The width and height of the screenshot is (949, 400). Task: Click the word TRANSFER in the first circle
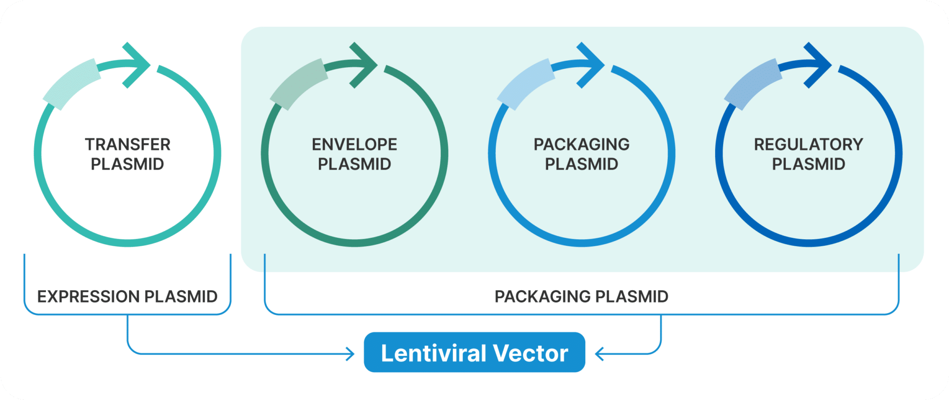128,144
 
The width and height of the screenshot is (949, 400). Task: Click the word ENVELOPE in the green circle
354,144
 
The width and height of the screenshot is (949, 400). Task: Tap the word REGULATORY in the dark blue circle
808,144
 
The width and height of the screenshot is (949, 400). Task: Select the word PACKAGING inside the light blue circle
581,144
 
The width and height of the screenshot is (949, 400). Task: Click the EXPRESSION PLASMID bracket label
128,297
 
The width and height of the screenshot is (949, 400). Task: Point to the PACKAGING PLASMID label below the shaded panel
581,297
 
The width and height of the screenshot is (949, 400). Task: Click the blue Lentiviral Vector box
474,353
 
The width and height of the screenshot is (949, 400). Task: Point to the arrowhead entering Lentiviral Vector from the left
351,354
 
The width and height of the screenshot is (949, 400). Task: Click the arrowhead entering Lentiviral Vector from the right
599,354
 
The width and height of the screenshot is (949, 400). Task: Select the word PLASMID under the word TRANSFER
128,164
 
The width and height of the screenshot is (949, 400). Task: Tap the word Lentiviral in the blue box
434,354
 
